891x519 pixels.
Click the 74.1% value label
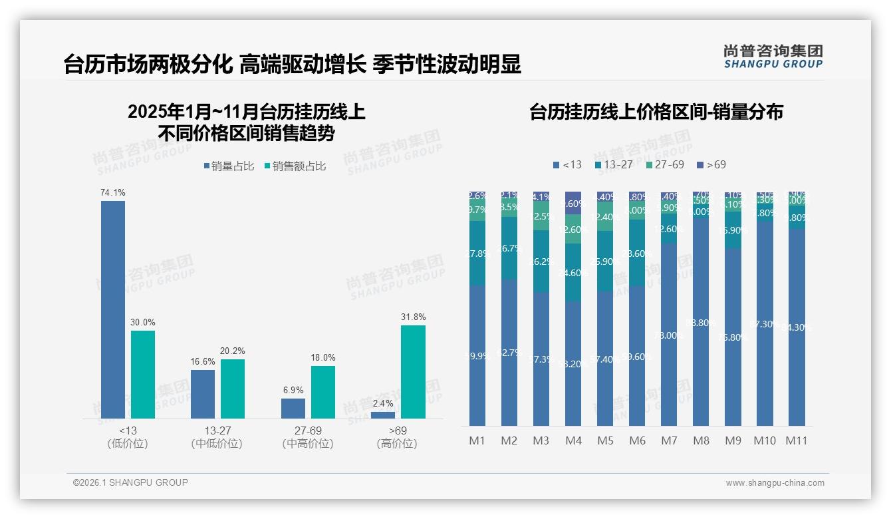pyautogui.click(x=113, y=192)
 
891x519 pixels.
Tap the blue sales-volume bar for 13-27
pyautogui.click(x=203, y=394)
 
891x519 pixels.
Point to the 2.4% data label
pyautogui.click(x=383, y=403)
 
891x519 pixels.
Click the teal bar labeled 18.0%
pyautogui.click(x=323, y=392)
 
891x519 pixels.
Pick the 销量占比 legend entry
pyautogui.click(x=229, y=166)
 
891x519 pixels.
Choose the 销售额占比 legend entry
pyautogui.click(x=295, y=166)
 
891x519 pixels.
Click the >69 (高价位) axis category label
pyautogui.click(x=397, y=437)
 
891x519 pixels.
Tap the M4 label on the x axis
pyautogui.click(x=573, y=440)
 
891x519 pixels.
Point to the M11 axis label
pyautogui.click(x=796, y=440)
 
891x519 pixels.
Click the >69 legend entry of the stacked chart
pyautogui.click(x=711, y=164)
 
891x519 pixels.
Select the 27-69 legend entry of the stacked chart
pyautogui.click(x=664, y=164)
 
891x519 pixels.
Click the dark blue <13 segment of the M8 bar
pyautogui.click(x=701, y=323)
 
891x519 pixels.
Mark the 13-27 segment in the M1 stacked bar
pyautogui.click(x=477, y=253)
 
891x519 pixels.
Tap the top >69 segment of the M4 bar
pyautogui.click(x=573, y=202)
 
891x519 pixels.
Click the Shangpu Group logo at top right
pyautogui.click(x=773, y=57)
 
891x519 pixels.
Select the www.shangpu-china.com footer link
pyautogui.click(x=775, y=483)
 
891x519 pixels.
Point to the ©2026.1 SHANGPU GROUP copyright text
pyautogui.click(x=130, y=482)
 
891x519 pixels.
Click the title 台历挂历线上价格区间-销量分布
pyautogui.click(x=656, y=112)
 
